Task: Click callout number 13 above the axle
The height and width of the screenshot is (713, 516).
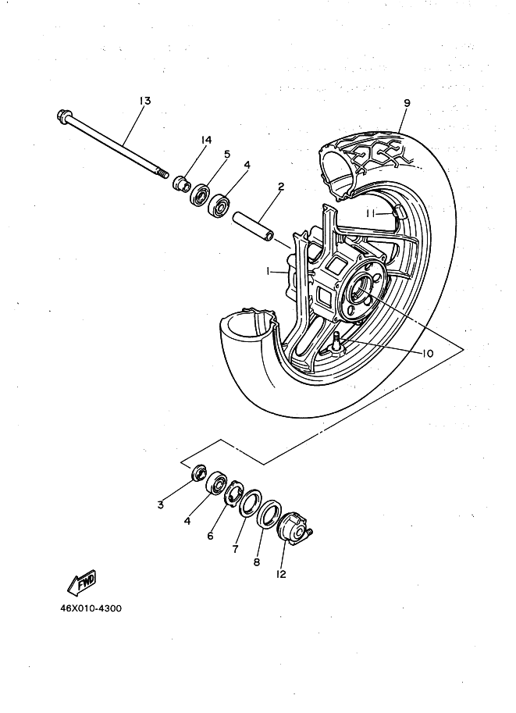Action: click(144, 101)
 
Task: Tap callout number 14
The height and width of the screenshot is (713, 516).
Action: click(206, 140)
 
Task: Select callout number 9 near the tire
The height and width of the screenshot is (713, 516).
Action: click(407, 102)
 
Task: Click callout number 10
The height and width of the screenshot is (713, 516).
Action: click(427, 353)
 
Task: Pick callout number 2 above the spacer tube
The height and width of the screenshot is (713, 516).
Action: click(279, 187)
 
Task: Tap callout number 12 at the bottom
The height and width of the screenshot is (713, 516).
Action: click(281, 574)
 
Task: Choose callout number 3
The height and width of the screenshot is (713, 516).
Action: click(160, 504)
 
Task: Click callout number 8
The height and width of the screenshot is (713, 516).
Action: click(257, 561)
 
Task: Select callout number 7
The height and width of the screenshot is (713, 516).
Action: click(234, 549)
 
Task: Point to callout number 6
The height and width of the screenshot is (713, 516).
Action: click(211, 537)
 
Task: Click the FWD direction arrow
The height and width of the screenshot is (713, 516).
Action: click(81, 582)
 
